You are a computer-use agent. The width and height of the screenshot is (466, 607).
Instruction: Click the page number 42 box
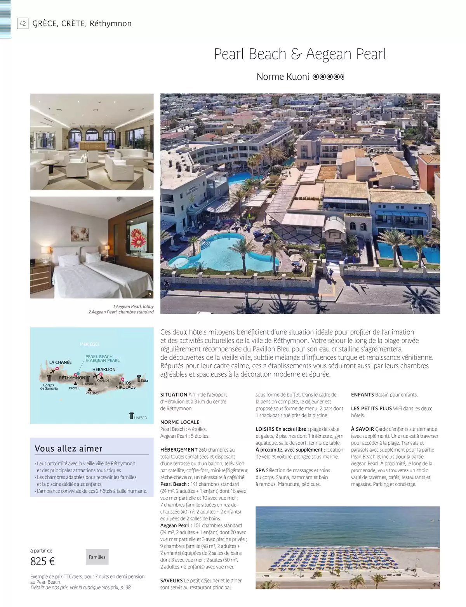(x=23, y=23)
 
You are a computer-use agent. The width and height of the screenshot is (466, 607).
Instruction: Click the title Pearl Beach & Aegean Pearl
(x=300, y=54)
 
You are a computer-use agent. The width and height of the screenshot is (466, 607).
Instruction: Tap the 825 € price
(x=43, y=561)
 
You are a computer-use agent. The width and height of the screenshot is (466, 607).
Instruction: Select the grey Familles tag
(x=97, y=557)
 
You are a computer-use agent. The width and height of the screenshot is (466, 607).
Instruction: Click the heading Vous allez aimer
(x=68, y=449)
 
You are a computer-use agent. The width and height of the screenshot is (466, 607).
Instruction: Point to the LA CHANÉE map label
(x=60, y=362)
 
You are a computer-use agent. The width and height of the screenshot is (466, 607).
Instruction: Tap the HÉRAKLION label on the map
(x=104, y=369)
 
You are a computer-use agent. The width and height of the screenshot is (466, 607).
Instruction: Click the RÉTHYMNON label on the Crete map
(x=72, y=377)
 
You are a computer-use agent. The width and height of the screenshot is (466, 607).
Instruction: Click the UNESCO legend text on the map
(x=141, y=418)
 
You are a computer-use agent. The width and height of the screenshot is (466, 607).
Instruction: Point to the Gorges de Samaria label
(x=49, y=387)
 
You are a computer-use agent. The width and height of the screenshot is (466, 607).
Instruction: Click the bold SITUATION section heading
(x=174, y=395)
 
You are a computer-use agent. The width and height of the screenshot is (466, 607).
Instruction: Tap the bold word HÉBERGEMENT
(x=179, y=450)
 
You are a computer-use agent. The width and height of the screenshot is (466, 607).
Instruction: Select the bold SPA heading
(x=260, y=470)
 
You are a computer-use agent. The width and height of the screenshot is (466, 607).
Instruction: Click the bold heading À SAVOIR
(x=362, y=429)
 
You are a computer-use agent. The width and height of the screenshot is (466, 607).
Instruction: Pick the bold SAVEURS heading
(x=171, y=581)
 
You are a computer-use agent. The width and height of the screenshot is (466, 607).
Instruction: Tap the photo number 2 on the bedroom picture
(x=150, y=295)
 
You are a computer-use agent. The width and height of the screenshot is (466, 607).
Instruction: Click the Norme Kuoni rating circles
(x=328, y=77)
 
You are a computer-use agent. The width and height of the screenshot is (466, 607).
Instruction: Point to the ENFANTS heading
(x=362, y=395)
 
